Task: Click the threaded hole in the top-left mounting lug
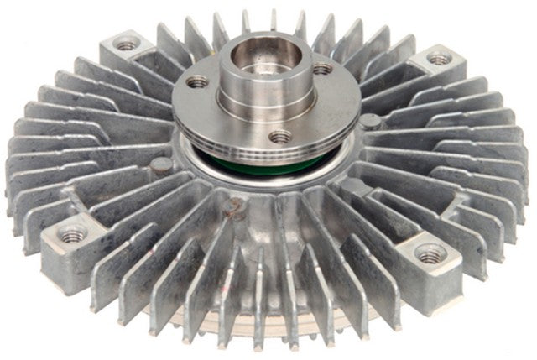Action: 127,45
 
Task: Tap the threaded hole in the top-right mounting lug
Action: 439,59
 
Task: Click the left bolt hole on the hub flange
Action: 199,82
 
